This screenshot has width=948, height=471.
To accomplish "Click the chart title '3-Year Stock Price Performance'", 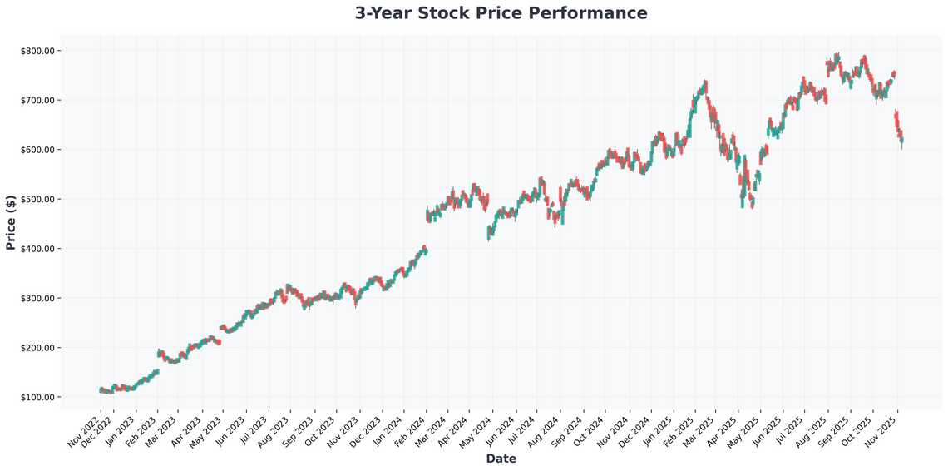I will (501, 13).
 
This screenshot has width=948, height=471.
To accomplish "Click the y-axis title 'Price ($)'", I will (11, 222).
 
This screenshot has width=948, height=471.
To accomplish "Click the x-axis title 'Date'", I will (501, 459).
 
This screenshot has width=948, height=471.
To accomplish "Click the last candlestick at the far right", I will (901, 141).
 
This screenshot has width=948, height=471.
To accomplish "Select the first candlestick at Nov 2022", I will (100, 389).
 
